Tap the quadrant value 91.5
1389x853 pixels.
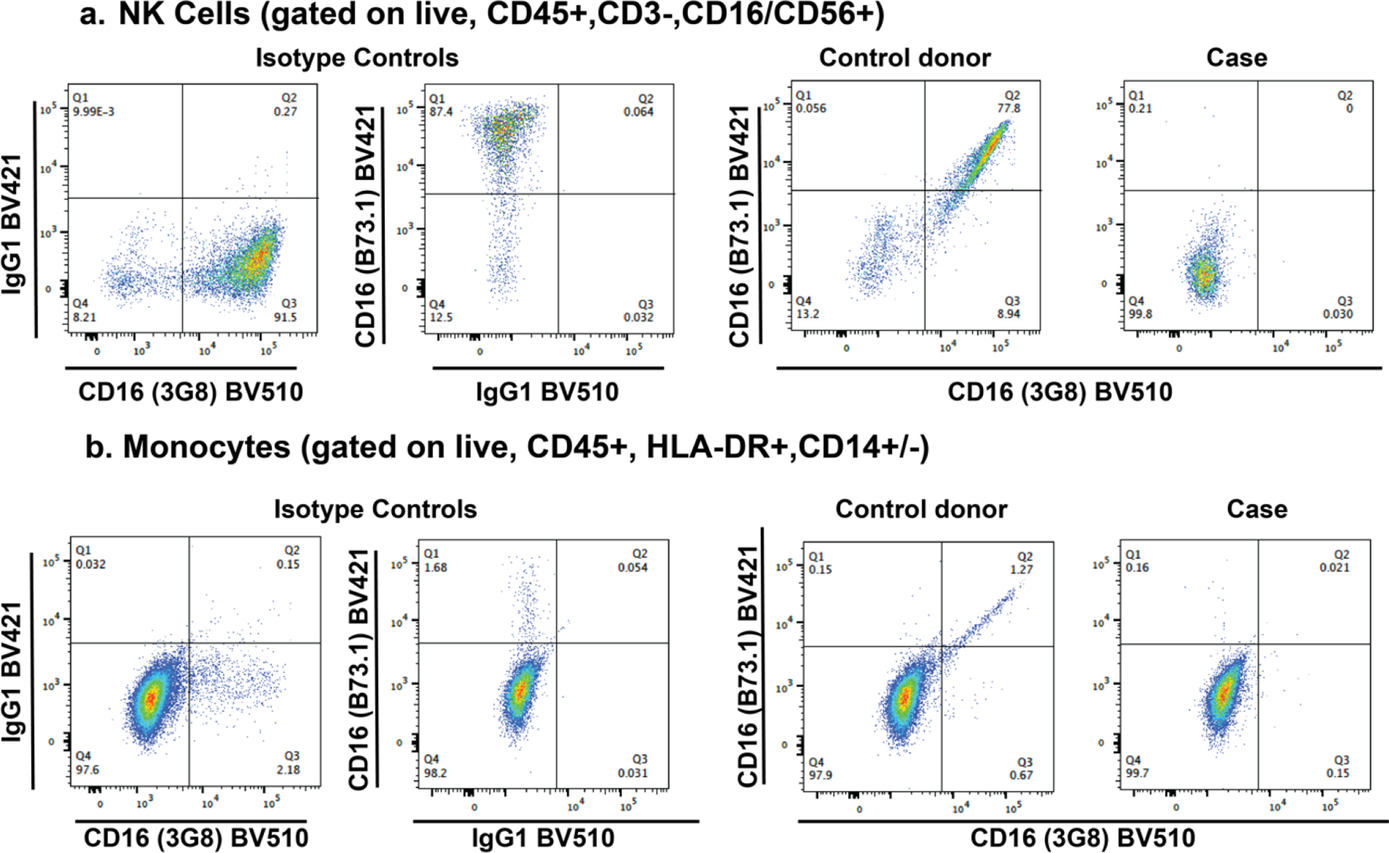coord(286,317)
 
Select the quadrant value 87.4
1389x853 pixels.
coord(441,111)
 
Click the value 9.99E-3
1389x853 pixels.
coord(94,111)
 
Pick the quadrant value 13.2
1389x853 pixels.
coord(808,314)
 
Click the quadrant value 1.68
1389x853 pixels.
coord(435,568)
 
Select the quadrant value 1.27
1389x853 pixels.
coord(1022,570)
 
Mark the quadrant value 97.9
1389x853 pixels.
coord(820,776)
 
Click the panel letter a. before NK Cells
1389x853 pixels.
coord(92,15)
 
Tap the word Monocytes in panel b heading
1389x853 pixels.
coord(207,447)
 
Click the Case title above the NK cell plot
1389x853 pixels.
coord(1236,58)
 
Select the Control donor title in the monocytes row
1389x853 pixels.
coord(921,509)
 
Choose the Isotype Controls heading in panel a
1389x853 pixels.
coord(357,58)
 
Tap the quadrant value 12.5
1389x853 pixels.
coord(441,317)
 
